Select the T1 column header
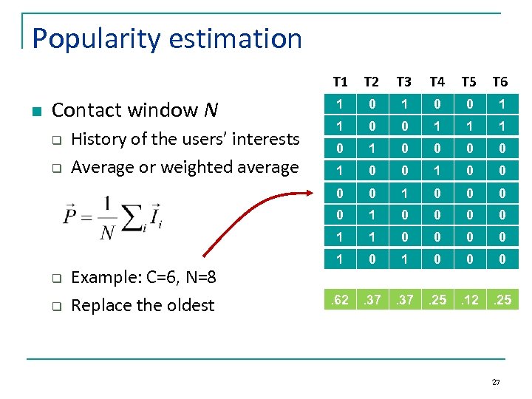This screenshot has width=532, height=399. click(340, 81)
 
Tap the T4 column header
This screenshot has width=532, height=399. click(437, 81)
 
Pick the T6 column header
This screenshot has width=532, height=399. click(500, 81)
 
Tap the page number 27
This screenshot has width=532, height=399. click(496, 382)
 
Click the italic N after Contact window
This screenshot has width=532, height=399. click(211, 111)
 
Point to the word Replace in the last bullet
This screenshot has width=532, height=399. click(103, 305)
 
